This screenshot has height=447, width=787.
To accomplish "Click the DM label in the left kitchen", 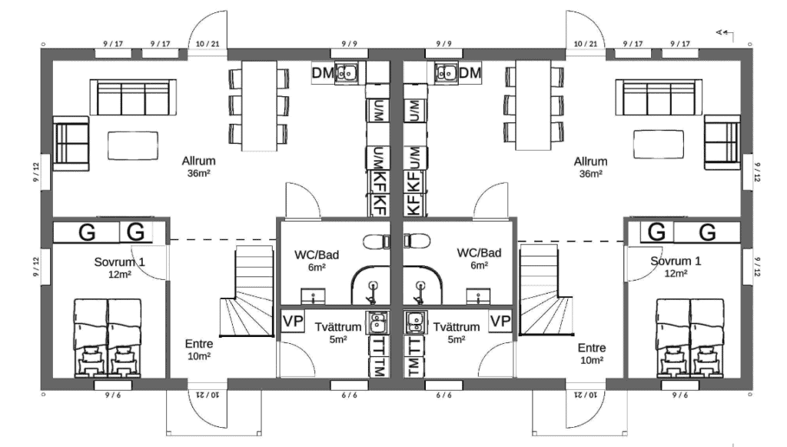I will tap(322, 73).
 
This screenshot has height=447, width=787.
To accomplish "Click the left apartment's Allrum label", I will tap(198, 162).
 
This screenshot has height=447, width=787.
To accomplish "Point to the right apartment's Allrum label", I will tap(590, 162).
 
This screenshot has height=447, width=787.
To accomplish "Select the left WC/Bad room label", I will tap(317, 254).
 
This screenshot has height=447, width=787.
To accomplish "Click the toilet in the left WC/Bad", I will tap(376, 241).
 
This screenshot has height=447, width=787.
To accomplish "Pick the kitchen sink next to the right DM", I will tap(445, 73).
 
